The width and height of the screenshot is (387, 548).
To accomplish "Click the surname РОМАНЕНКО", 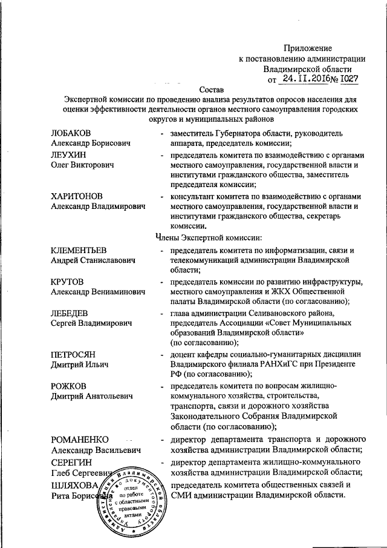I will click(80, 439).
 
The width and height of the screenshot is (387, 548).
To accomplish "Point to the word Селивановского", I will click(278, 313).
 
